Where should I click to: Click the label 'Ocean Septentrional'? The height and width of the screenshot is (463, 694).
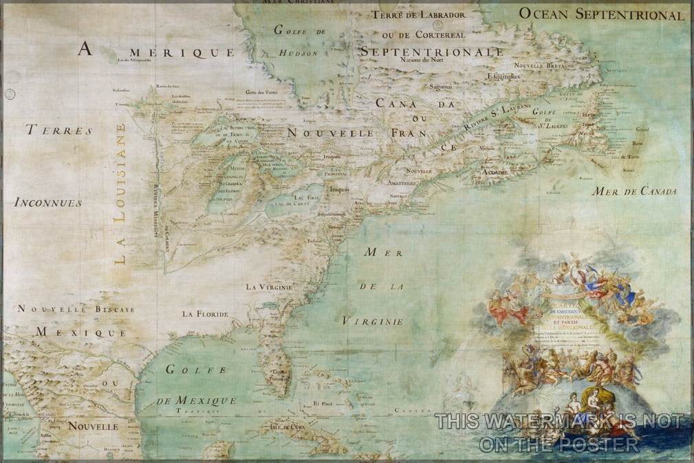coord(601,14)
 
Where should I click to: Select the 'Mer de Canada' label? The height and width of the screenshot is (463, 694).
coord(634,191)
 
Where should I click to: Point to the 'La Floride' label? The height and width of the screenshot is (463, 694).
coord(205,314)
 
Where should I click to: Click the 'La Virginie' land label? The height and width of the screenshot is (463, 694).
coord(270,286)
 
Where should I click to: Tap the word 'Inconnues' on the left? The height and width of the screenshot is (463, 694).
coord(47,203)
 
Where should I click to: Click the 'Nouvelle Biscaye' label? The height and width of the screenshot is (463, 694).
coord(76,310)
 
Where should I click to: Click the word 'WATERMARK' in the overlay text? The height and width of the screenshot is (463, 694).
coord(553,420)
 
